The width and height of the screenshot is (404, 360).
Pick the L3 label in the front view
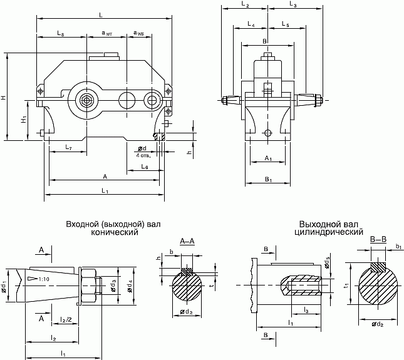click(293, 5)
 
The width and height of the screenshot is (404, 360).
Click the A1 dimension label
click(268, 158)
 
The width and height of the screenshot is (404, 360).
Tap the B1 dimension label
click(268, 180)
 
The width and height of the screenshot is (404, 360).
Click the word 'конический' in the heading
click(115, 232)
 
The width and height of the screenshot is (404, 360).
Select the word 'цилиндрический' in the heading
click(329, 232)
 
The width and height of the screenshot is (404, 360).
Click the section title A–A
click(187, 241)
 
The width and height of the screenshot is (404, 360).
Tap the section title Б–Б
click(378, 240)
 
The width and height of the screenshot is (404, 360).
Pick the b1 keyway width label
click(398, 247)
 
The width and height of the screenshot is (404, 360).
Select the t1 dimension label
click(347, 285)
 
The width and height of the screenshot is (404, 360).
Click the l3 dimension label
click(305, 310)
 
